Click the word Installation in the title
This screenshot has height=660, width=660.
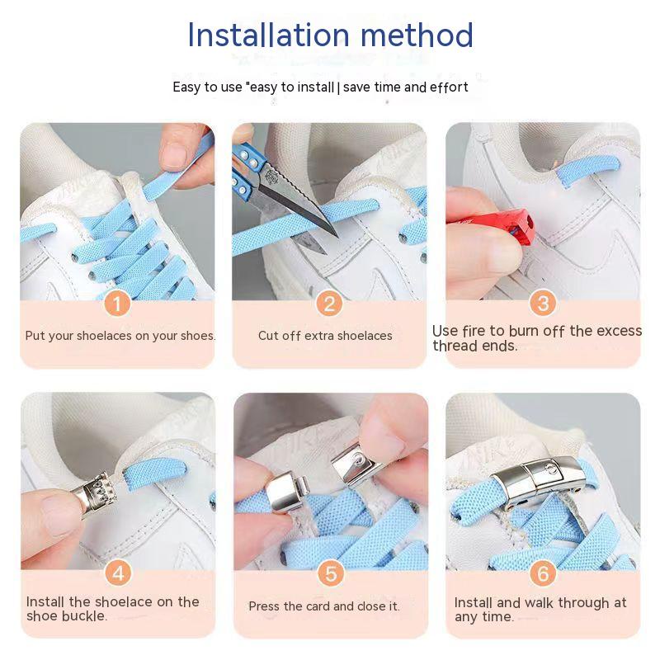[x=268, y=35]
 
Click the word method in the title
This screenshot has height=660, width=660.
[x=417, y=35]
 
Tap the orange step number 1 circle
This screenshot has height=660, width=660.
[x=117, y=304]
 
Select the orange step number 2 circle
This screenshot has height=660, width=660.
[x=329, y=304]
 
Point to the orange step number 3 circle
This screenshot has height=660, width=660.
[x=543, y=303]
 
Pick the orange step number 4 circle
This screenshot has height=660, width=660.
[x=118, y=573]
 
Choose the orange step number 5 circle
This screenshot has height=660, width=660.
[x=331, y=573]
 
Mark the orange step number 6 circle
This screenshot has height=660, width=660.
[x=543, y=573]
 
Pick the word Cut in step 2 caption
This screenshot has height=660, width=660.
[x=268, y=336]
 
